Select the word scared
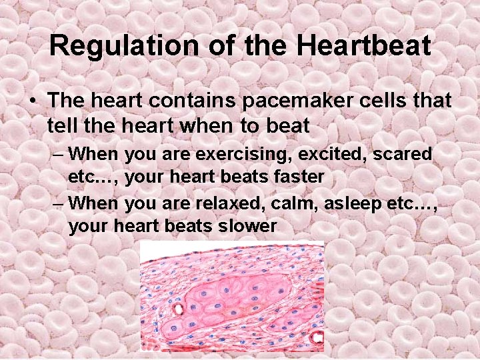[x=403, y=154]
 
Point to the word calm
[x=297, y=202]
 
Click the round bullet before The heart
[x=31, y=101]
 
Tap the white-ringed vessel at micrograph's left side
[x=178, y=310]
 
